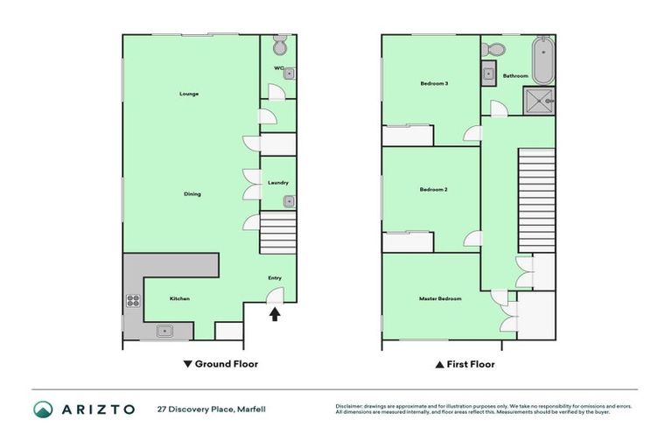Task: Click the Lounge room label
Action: [189, 94]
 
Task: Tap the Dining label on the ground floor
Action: [192, 193]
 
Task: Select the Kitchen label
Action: [179, 298]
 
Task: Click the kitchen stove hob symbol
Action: [133, 301]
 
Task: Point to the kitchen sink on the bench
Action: [164, 331]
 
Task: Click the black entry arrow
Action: [275, 314]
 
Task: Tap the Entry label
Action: [275, 278]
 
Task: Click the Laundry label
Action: [278, 182]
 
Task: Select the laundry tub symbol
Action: [288, 201]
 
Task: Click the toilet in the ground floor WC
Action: [280, 45]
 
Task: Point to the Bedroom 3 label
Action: [434, 84]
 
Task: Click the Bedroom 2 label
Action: [433, 190]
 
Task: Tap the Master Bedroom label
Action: [439, 298]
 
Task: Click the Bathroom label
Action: [515, 76]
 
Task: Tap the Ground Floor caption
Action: [220, 364]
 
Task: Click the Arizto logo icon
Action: [44, 409]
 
